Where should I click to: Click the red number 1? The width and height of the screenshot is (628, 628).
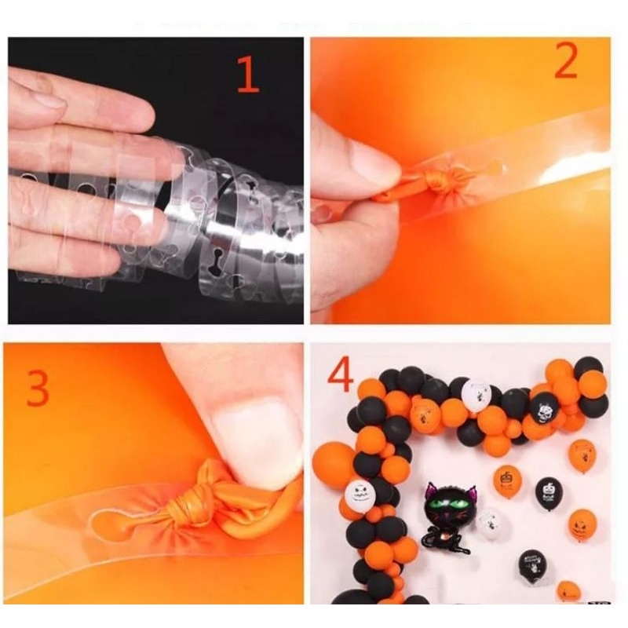click(249, 75)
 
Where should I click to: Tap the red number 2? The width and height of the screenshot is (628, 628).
click(565, 60)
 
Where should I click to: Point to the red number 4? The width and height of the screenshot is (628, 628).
click(341, 375)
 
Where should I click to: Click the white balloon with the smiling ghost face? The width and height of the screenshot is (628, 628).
click(359, 497)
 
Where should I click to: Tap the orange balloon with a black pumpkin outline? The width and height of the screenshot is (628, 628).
click(507, 482)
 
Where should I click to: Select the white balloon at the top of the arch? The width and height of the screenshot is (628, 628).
click(475, 395)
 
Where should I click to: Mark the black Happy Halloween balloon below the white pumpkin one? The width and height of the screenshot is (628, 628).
click(533, 564)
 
